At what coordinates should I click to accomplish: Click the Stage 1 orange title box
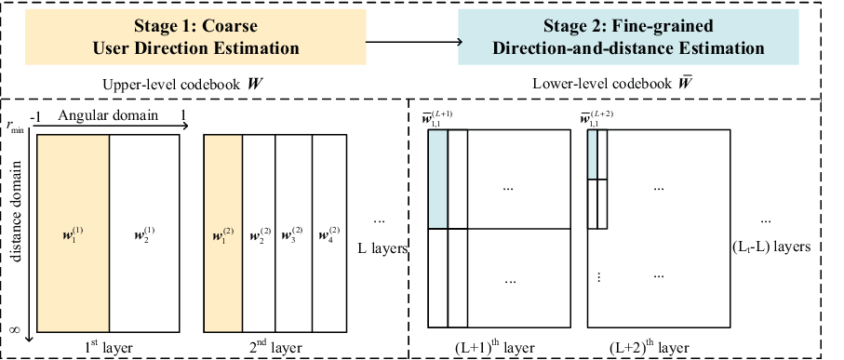click(195, 36)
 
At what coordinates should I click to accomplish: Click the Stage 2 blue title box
click(628, 36)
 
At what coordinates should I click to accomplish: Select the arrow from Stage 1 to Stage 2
click(414, 42)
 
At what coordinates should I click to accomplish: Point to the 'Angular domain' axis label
click(108, 115)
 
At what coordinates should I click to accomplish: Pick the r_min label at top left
click(15, 127)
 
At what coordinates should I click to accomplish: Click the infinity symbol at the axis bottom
click(15, 327)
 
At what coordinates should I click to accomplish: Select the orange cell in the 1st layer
click(73, 233)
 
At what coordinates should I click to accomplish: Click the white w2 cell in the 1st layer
click(144, 233)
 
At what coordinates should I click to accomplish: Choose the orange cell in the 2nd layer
click(222, 233)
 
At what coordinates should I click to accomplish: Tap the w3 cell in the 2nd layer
click(293, 233)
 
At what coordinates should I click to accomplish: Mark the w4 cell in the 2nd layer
click(329, 233)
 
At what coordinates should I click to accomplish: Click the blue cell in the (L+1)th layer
click(437, 180)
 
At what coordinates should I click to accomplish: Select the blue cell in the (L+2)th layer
click(592, 154)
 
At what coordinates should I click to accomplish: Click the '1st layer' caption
click(109, 347)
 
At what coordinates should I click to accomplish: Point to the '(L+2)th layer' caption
click(650, 347)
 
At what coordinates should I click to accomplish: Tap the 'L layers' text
click(382, 249)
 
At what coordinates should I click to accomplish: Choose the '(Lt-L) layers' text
click(770, 247)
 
